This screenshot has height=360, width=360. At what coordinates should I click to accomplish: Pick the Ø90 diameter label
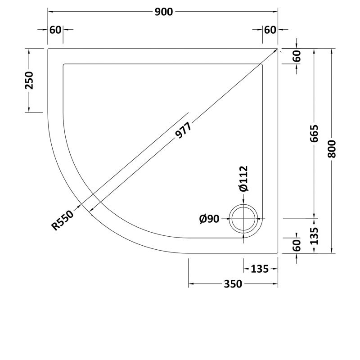pyautogui.click(x=209, y=219)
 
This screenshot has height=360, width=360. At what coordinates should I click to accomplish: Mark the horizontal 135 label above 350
pyautogui.click(x=259, y=269)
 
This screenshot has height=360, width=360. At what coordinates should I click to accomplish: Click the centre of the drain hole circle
pyautogui.click(x=244, y=219)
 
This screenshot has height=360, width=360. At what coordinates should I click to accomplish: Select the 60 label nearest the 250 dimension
pyautogui.click(x=55, y=30)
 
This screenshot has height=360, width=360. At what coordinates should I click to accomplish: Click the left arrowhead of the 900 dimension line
pyautogui.click(x=49, y=12)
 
